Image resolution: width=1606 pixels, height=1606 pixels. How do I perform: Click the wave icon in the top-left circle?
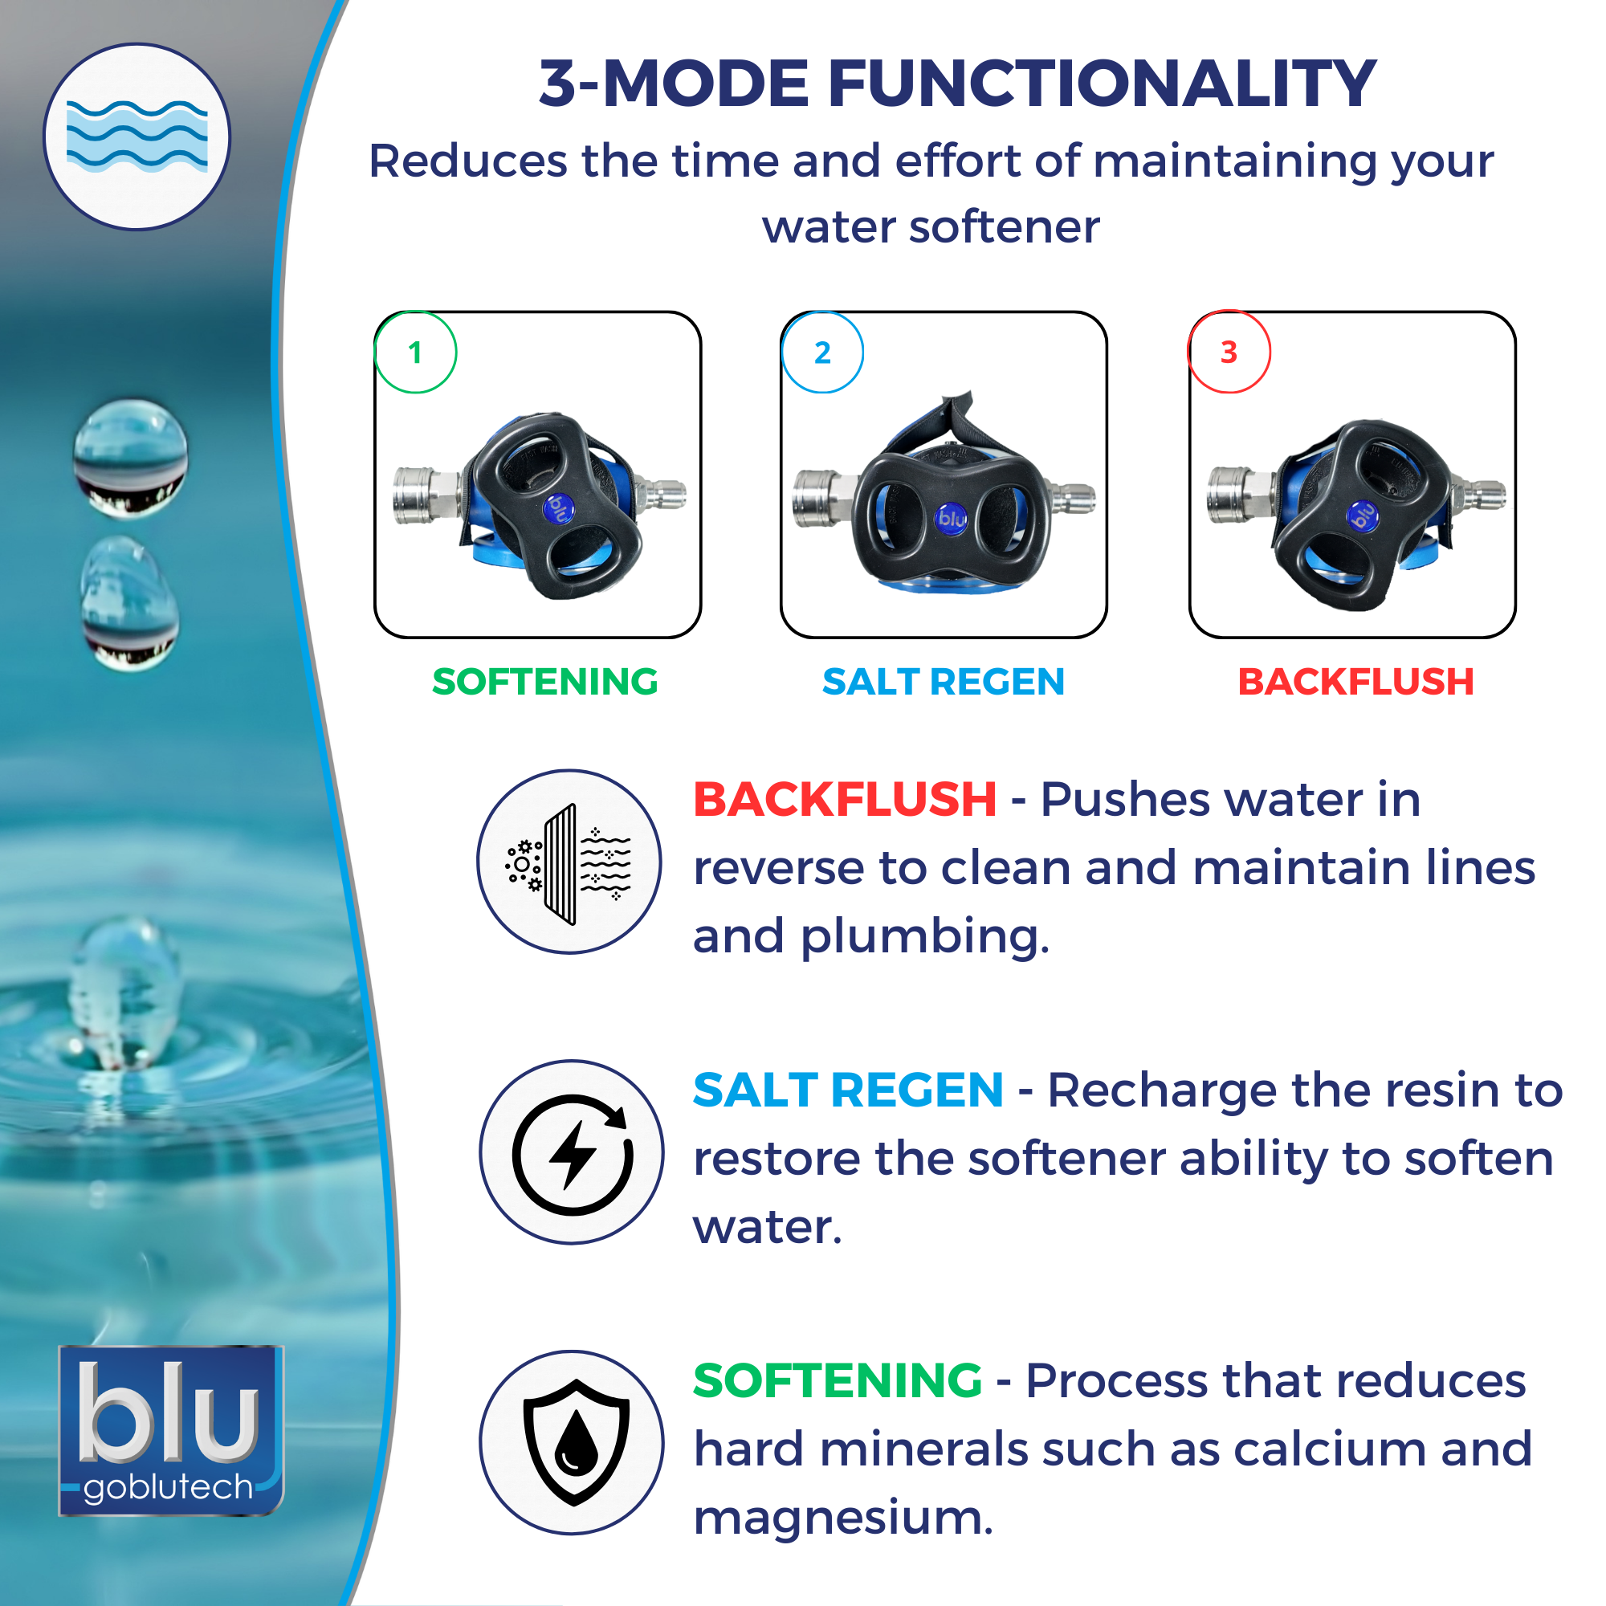click(137, 136)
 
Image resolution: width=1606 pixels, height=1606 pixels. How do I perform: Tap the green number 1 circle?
click(416, 352)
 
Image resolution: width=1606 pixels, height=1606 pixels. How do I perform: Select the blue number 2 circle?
click(822, 352)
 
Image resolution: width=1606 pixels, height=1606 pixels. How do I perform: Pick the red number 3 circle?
click(1229, 352)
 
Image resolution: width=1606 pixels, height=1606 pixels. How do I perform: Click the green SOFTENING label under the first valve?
click(545, 682)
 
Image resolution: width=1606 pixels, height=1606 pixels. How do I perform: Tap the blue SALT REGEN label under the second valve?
click(944, 682)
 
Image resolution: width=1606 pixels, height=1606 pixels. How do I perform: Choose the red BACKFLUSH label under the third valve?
click(1355, 682)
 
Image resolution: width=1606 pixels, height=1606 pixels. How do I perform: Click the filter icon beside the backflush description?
click(569, 862)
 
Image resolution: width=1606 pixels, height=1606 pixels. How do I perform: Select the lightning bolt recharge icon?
click(571, 1152)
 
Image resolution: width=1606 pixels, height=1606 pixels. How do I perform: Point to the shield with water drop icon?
click(571, 1442)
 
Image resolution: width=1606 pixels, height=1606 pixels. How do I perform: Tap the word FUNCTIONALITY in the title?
click(1103, 84)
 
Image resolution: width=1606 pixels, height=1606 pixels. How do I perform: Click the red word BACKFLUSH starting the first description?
click(845, 800)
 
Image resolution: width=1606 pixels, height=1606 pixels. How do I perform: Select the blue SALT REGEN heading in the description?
click(849, 1090)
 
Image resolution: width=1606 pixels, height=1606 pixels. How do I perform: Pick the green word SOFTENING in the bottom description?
click(838, 1380)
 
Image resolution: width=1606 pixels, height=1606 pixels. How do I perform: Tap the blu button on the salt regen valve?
click(952, 519)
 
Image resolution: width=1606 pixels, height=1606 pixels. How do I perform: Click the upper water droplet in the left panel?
click(131, 457)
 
